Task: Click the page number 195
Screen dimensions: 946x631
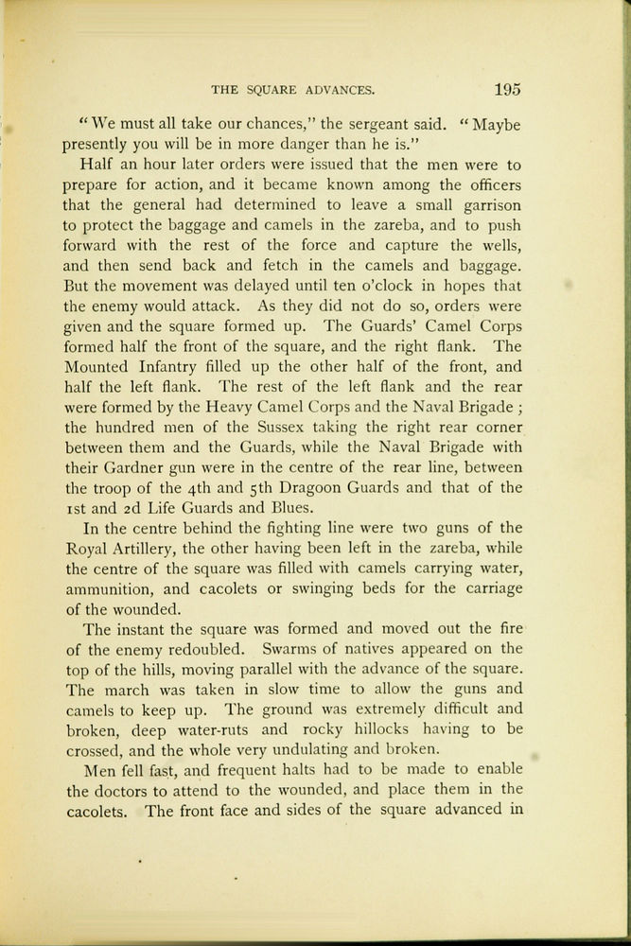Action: (x=506, y=90)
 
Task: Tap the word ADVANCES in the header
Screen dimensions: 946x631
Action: (x=337, y=91)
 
